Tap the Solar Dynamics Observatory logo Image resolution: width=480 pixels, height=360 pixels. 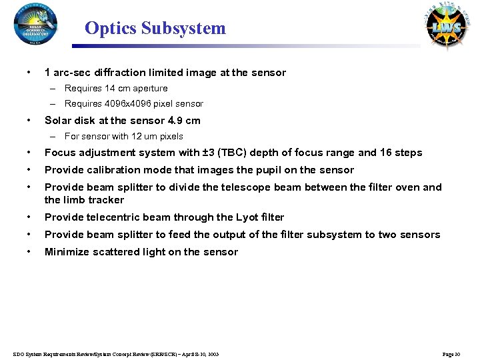click(x=35, y=24)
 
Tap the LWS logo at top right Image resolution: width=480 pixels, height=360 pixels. click(x=445, y=27)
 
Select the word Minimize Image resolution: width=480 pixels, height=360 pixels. click(x=65, y=252)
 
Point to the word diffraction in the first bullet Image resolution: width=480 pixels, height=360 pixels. click(x=111, y=73)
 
